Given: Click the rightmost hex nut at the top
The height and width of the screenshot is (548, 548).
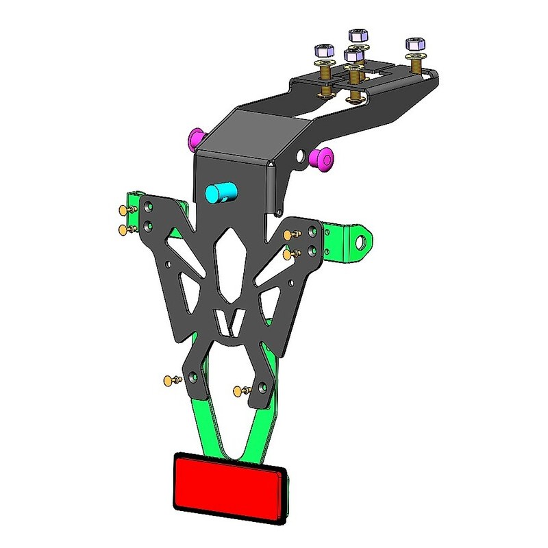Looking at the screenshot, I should tap(415, 45).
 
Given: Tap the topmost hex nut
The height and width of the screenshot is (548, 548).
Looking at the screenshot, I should tap(358, 35).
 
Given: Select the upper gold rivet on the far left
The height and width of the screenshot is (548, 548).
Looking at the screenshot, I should tap(124, 210).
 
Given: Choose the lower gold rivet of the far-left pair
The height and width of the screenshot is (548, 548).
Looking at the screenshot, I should tap(124, 229).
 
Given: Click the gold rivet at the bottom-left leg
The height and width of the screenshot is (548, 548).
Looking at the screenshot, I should tap(169, 379).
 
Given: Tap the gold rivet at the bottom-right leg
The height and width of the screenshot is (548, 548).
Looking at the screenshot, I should tap(238, 391).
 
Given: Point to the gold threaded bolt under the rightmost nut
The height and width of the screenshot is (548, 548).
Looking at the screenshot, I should tap(416, 66).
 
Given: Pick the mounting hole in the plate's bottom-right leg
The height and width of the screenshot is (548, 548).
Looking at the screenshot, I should tap(261, 385).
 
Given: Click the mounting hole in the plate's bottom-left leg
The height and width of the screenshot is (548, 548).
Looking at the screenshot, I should tap(194, 375).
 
